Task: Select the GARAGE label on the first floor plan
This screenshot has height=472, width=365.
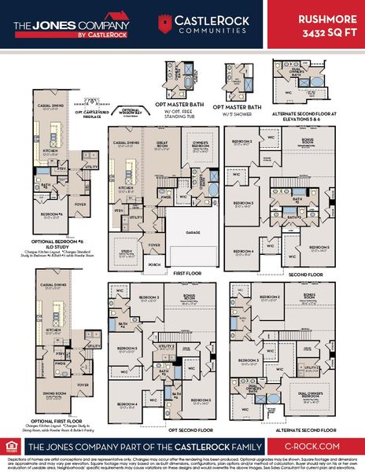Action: point(192,233)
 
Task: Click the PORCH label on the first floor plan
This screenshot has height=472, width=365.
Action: point(154,264)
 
